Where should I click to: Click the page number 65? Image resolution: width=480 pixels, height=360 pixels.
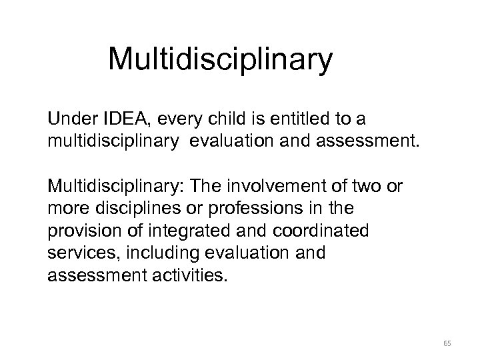pos(447,343)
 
